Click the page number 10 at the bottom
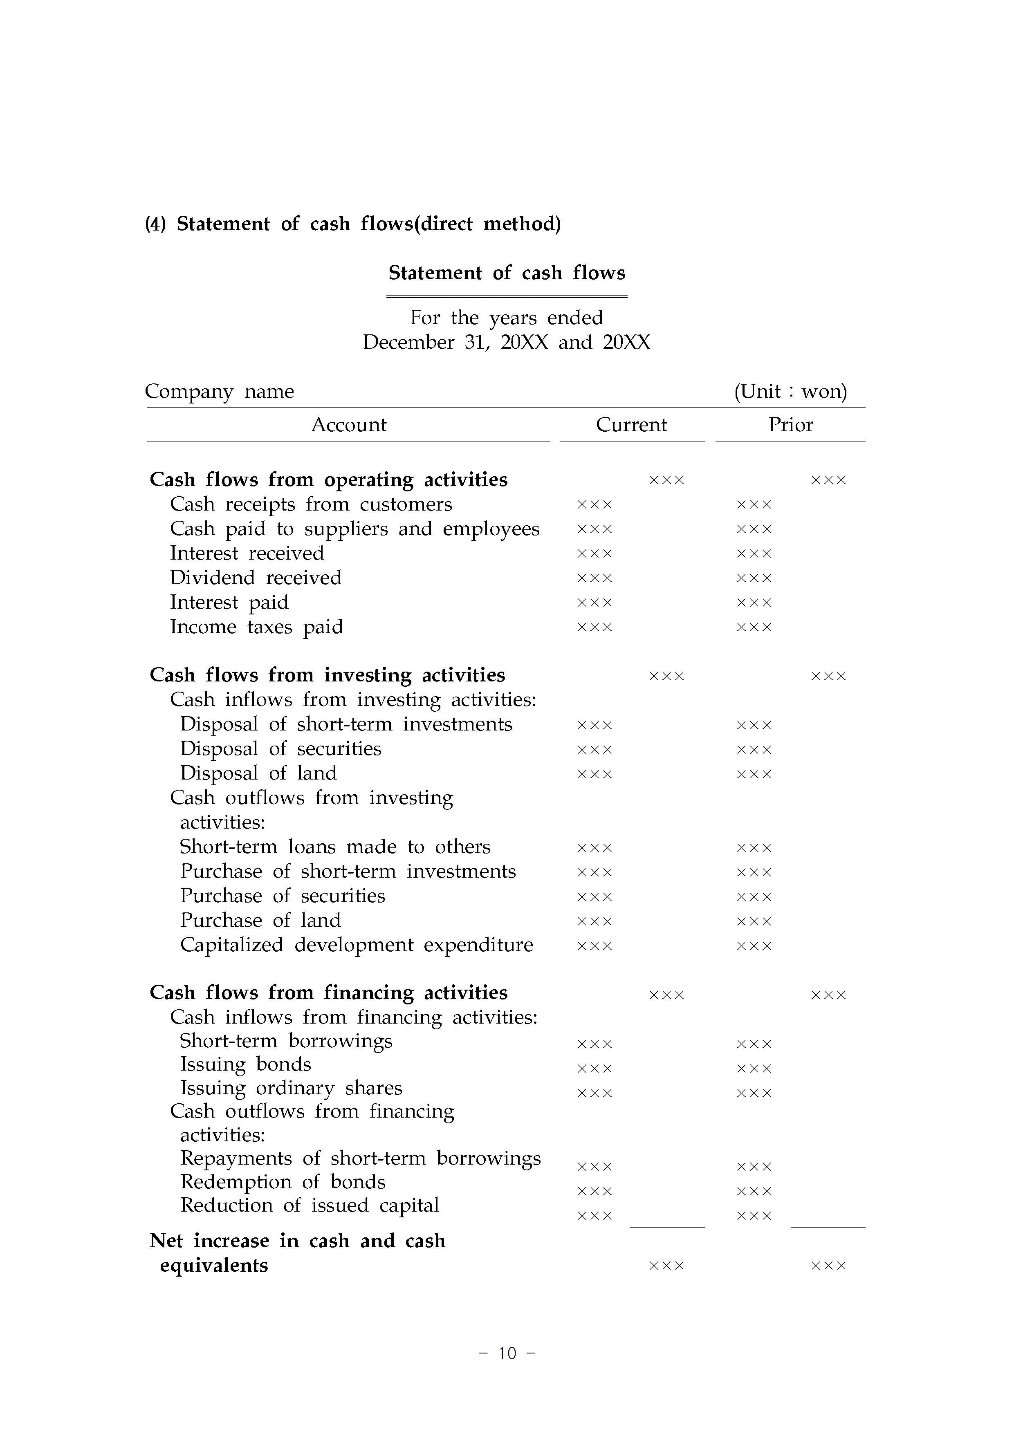click(x=507, y=1353)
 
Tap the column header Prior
click(x=790, y=425)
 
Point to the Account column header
click(x=349, y=425)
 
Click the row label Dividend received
click(x=256, y=578)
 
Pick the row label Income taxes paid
click(x=256, y=627)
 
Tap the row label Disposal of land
click(x=258, y=773)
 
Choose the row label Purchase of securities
click(x=283, y=896)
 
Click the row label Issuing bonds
click(x=246, y=1064)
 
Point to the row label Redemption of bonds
click(x=283, y=1182)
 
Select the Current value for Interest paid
click(x=594, y=603)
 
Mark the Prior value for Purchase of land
click(x=754, y=921)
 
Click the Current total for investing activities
click(x=666, y=676)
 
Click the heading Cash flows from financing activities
click(x=329, y=993)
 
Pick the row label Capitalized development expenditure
click(x=356, y=945)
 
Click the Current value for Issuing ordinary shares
click(x=594, y=1093)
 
